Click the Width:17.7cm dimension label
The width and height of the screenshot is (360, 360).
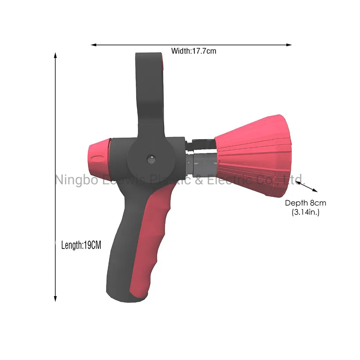point(194,51)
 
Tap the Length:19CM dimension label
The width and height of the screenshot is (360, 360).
point(81,246)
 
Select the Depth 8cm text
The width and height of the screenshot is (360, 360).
point(305,203)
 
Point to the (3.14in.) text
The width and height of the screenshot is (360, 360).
point(305,212)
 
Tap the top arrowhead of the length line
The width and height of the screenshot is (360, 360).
point(55,55)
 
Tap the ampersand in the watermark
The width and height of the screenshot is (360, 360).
point(199,179)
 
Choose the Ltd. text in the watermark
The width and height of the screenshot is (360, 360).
point(293,179)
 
